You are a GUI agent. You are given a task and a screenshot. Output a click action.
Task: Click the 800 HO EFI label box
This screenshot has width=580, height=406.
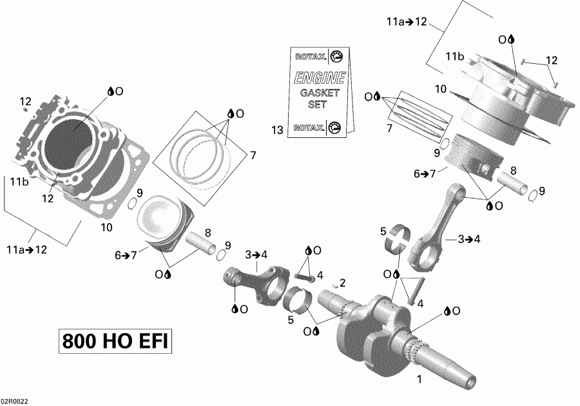[x=117, y=340]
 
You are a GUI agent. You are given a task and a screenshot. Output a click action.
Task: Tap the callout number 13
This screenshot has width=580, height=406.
[x=277, y=131]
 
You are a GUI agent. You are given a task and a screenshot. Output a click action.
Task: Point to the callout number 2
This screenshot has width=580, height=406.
[x=343, y=282]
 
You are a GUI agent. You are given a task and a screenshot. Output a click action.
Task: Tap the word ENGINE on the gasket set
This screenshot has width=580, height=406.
[x=320, y=79]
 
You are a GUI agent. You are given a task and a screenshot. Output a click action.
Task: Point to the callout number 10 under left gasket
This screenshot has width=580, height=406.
[x=106, y=227]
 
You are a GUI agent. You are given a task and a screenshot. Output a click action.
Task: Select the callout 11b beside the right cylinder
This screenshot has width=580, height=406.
[x=454, y=57]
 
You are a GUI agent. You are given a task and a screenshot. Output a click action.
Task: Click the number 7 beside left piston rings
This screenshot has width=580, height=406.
[x=253, y=155]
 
